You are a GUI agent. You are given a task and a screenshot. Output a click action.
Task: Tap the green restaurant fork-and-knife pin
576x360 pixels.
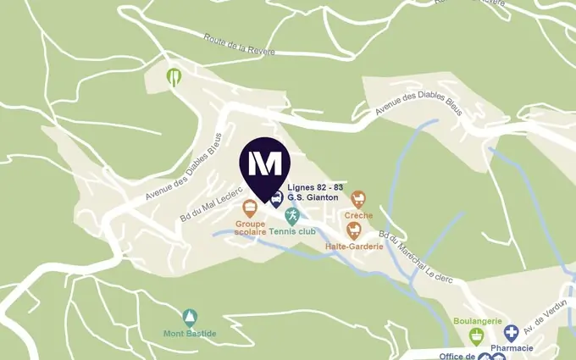pyautogui.click(x=174, y=76)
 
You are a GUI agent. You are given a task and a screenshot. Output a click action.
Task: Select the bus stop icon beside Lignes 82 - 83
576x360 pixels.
pyautogui.click(x=276, y=199)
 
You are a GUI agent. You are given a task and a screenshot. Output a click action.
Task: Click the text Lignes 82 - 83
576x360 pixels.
pyautogui.click(x=315, y=187)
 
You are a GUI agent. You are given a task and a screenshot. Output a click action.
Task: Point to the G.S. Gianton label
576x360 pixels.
pyautogui.click(x=313, y=197)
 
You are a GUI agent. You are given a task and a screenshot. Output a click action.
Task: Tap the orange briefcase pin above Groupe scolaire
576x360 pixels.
pyautogui.click(x=250, y=208)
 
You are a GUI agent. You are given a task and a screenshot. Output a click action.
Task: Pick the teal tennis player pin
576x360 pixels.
pyautogui.click(x=292, y=215)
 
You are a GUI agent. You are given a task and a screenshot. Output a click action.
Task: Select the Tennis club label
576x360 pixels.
pyautogui.click(x=294, y=231)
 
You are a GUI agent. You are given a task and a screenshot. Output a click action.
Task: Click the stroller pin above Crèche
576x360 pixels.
pyautogui.click(x=358, y=199)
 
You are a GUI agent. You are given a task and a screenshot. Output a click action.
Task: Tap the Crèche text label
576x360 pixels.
pyautogui.click(x=359, y=215)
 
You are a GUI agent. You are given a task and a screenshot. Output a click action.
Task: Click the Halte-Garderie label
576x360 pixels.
pyautogui.click(x=354, y=246)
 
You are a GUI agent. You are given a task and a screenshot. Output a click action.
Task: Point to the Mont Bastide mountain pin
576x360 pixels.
pyautogui.click(x=190, y=318)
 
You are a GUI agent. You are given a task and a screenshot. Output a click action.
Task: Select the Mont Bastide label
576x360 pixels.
pyautogui.click(x=190, y=334)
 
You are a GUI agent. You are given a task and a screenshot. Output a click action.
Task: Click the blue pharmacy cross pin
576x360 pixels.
pyautogui.click(x=512, y=332)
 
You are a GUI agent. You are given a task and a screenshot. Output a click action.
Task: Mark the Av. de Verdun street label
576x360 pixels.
pyautogui.click(x=545, y=317)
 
